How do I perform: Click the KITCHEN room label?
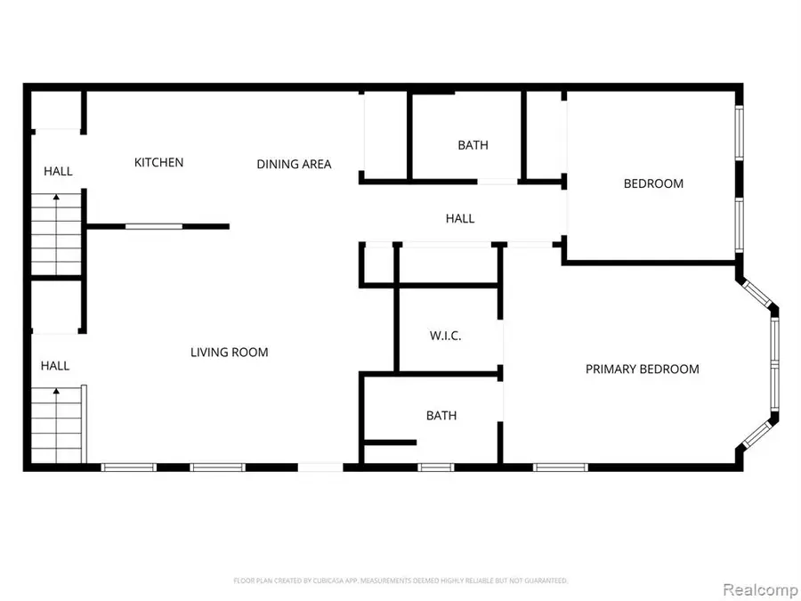coord(158,162)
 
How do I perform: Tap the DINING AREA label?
coord(294,164)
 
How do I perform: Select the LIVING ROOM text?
coord(229,353)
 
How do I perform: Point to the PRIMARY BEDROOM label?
coord(642,369)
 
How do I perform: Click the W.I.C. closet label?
coord(445,336)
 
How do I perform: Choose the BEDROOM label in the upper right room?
coord(653,183)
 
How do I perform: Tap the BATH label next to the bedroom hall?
coord(473,145)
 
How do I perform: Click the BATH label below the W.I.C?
coord(441,415)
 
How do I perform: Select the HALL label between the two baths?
coord(459,218)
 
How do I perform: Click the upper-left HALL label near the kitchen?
coord(58,171)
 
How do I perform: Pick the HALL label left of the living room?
coord(54,365)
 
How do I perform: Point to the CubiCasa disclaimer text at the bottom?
coord(400,581)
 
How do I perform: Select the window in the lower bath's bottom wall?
coord(434,466)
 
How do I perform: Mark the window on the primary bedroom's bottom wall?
coord(561,466)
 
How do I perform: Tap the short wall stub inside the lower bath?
coord(390,442)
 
